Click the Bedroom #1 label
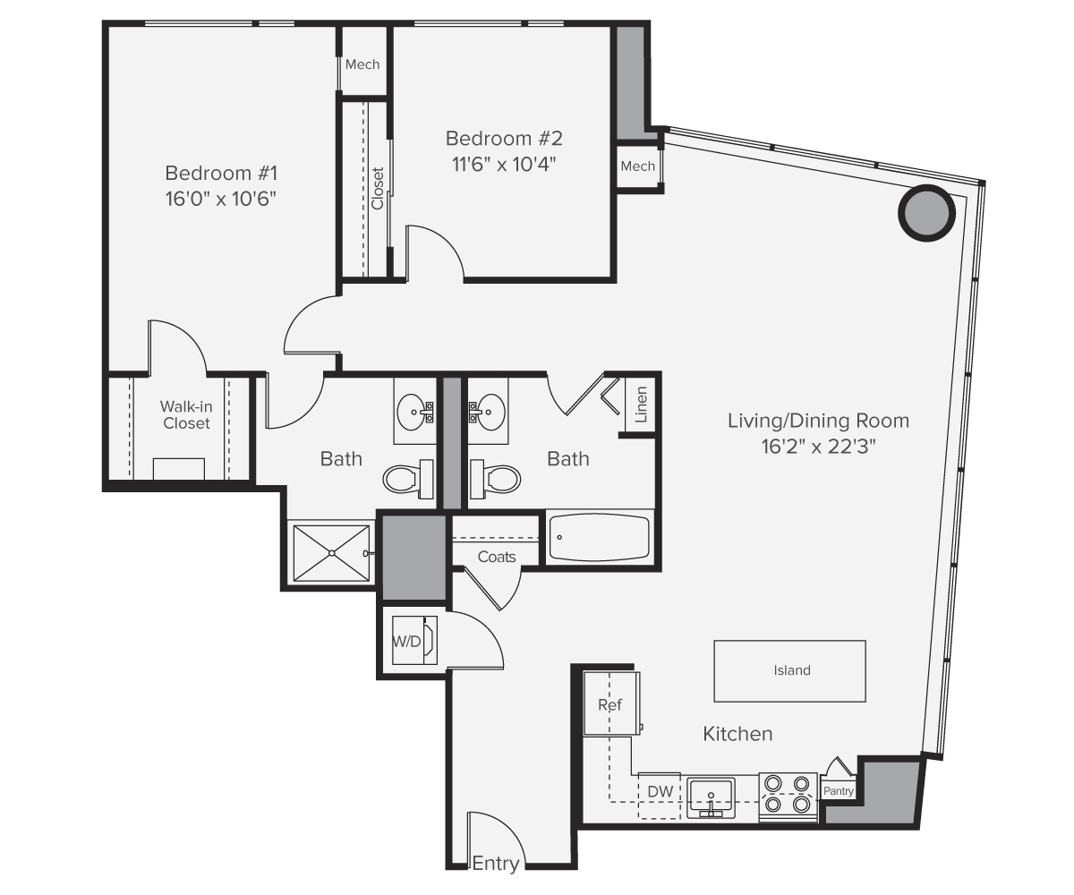[221, 172]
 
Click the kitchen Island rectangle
[789, 670]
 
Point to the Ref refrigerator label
[609, 704]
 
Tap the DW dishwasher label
[660, 791]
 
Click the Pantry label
[839, 791]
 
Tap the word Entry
[495, 864]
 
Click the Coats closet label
[497, 557]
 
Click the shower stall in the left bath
[331, 554]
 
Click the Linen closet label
[641, 404]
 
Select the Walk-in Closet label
[186, 414]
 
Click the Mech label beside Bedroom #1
[362, 64]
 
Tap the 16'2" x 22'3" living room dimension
[817, 445]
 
